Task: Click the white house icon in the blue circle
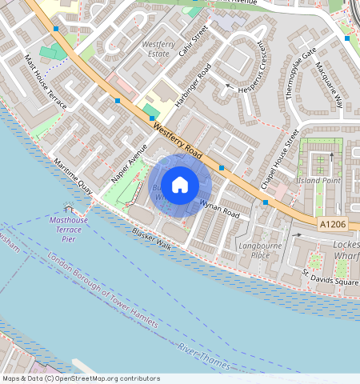point(180,185)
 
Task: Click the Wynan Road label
point(220,210)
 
